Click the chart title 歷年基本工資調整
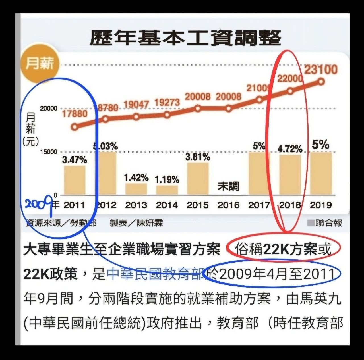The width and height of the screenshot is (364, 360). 185,38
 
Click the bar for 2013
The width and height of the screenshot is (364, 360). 136,189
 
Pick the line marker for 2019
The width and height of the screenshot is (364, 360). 321,82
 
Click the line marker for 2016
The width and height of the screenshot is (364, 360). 229,108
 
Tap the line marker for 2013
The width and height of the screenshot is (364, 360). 136,117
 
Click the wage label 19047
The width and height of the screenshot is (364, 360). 136,105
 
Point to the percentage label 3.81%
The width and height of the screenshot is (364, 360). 198,157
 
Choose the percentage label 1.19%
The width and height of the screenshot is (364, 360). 167,180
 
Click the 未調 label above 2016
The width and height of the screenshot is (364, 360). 229,186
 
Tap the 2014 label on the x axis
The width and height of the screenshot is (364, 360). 167,205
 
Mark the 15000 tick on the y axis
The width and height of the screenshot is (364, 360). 49,152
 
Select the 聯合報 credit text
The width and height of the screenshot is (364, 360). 329,223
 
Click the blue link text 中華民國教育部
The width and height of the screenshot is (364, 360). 156,274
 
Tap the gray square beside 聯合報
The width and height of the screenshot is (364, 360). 311,223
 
